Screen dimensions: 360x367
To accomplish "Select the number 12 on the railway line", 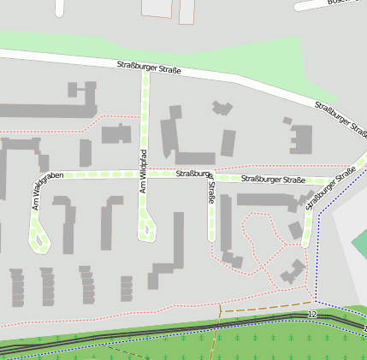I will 312,315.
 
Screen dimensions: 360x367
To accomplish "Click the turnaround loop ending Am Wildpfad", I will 147,231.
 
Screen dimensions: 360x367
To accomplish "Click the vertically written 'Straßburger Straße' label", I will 210,193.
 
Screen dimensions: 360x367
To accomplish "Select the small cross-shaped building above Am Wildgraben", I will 83,90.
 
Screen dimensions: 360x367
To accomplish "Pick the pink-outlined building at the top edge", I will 157,8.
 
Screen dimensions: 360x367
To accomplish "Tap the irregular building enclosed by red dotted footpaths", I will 292,271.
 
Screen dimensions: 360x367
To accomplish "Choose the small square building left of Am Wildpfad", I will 116,133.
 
